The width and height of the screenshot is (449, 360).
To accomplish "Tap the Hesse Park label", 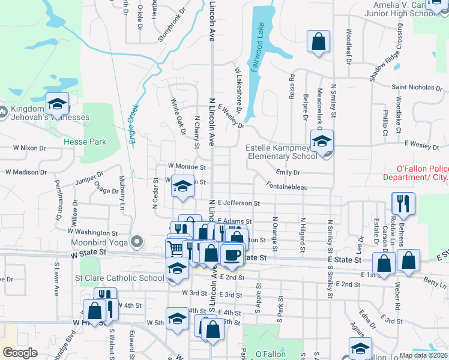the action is click(x=86, y=142).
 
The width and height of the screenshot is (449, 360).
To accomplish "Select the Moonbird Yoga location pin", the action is click(x=137, y=242).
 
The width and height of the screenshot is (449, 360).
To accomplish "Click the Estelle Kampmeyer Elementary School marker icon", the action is click(x=322, y=142).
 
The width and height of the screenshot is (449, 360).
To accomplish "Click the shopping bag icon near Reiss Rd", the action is click(x=319, y=42).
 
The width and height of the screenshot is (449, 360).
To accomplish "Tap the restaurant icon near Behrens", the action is click(x=403, y=203).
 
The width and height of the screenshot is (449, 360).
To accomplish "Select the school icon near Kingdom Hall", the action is click(x=57, y=104).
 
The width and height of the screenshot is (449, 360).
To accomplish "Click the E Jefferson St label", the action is click(x=238, y=204).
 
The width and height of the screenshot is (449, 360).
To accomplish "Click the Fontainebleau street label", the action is click(x=288, y=188).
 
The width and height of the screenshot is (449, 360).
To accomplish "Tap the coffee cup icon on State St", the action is click(x=232, y=255).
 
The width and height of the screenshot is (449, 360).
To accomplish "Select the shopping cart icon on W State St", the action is click(x=175, y=248).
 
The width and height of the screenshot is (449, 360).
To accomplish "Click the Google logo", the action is click(x=20, y=353).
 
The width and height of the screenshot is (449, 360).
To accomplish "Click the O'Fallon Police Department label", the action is click(x=415, y=178).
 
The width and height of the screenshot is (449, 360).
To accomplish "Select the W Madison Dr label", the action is click(x=26, y=172).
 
